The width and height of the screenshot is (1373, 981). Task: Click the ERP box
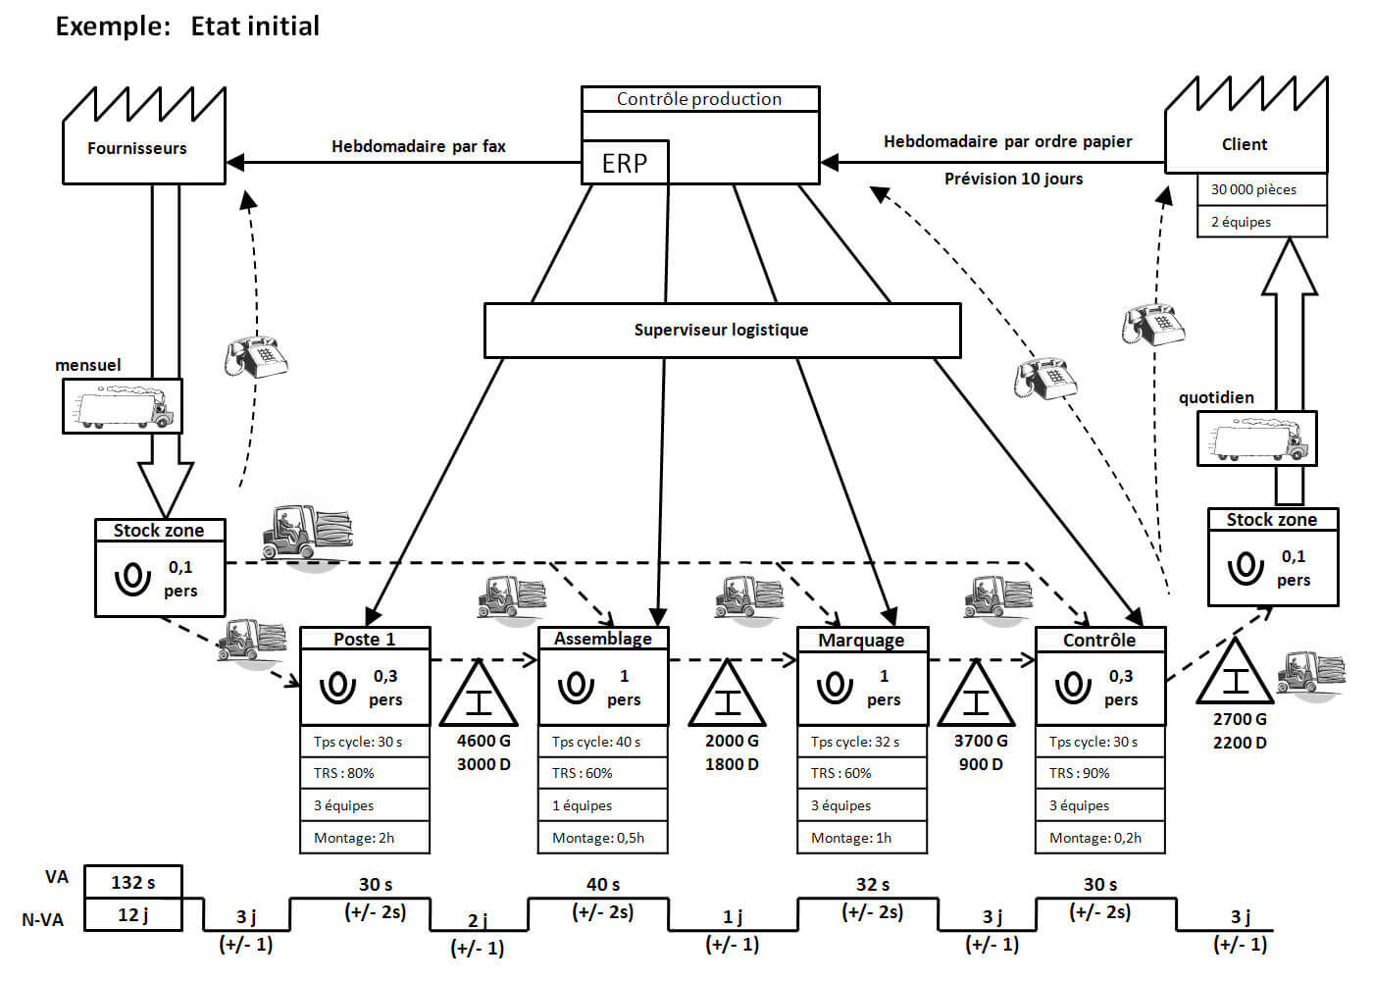coord(625,163)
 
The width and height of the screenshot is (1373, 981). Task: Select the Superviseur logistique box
coord(722,330)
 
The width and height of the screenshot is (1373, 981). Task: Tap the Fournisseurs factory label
coord(137,148)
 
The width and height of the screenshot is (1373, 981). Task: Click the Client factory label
coord(1245,144)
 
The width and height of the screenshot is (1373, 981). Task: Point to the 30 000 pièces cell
coord(1260,189)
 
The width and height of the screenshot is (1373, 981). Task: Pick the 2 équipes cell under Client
coord(1260,222)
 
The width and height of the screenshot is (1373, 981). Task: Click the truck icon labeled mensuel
coord(123,406)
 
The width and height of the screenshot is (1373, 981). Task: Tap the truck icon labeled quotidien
coord(1257,438)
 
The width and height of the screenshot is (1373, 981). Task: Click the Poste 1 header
coord(365,639)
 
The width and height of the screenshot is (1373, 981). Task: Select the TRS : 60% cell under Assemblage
coord(602,773)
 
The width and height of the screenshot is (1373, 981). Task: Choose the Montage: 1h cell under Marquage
coord(861,838)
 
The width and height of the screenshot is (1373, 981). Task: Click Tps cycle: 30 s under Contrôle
coord(1099,742)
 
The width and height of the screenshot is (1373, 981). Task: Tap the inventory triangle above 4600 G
coord(479,697)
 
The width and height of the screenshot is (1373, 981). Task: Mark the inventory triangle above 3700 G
coord(976,697)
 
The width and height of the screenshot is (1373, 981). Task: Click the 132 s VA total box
coord(133,882)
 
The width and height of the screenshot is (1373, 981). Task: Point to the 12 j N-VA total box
coord(133,914)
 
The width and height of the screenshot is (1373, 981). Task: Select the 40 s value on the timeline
coord(602,884)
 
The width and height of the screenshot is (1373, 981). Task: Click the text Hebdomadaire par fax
coord(419,146)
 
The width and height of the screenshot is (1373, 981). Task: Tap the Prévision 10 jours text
coord(1013,179)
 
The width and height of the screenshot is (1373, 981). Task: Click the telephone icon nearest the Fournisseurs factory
coord(255,357)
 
